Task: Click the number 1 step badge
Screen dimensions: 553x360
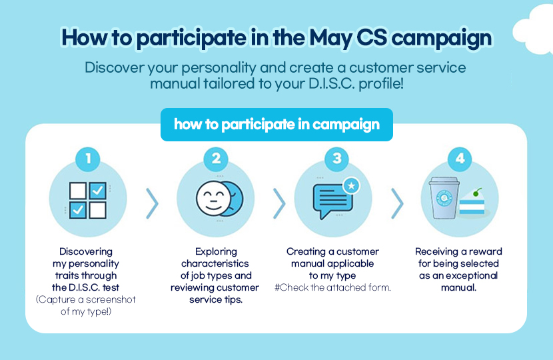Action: (88, 159)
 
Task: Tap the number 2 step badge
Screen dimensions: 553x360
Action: (216, 159)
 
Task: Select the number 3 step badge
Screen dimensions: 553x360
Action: (336, 159)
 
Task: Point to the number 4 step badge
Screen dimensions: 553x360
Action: (460, 159)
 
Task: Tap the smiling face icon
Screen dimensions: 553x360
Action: (213, 199)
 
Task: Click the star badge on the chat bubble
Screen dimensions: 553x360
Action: (351, 185)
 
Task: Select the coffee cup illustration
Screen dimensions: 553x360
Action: (444, 197)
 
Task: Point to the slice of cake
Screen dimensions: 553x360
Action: (472, 203)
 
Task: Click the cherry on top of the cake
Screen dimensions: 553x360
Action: (476, 193)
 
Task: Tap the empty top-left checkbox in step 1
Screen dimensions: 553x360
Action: (77, 191)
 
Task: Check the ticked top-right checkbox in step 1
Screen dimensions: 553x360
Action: (98, 191)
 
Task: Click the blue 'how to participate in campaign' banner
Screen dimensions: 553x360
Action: (276, 125)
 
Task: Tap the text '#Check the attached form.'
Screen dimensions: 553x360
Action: (332, 287)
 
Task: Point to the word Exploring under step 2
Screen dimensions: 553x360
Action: (216, 251)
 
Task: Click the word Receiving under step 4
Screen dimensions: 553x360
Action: (436, 251)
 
